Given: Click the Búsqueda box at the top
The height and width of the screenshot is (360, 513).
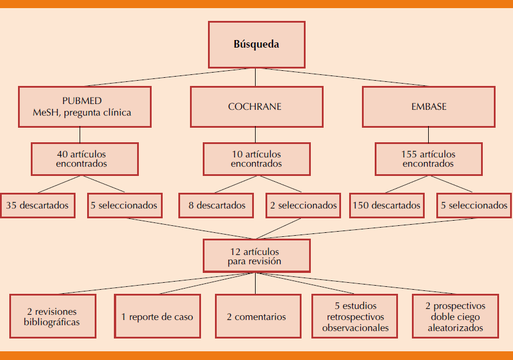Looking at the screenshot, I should pos(256,45).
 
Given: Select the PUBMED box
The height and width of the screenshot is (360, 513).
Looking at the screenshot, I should pos(85,106).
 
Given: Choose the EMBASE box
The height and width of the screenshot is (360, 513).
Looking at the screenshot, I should pos(428,106).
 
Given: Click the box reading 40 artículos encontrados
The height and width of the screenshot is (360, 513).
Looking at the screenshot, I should pos(85,159).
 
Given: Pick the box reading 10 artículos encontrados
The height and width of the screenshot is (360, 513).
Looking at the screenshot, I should pos(256,159).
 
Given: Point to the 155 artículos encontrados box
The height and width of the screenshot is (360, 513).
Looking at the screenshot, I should pos(428,159).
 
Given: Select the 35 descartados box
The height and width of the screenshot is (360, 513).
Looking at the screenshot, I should pos(38,205).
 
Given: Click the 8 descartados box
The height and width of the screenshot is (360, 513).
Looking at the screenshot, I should pos(216,205).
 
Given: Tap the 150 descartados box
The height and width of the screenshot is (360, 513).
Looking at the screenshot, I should pos(386,205).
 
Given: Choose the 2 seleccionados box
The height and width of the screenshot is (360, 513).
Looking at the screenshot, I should pos(303,205).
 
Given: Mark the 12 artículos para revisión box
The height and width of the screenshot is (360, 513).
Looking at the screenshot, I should pos(256,256).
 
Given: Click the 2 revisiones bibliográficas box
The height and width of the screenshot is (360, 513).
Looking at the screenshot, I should pos(52,316).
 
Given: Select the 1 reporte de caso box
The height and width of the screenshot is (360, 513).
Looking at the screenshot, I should pos(157,316).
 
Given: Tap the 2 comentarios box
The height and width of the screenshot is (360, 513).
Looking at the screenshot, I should pos(256,316).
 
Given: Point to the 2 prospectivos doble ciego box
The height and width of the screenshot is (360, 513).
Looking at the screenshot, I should pos(455,316).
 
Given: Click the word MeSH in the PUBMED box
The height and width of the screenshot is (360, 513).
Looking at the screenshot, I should pos(45,113).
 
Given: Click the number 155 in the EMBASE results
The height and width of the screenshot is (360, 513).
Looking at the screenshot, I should pos(410,154).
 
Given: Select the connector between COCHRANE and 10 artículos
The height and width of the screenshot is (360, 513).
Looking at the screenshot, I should pos(256,135).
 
